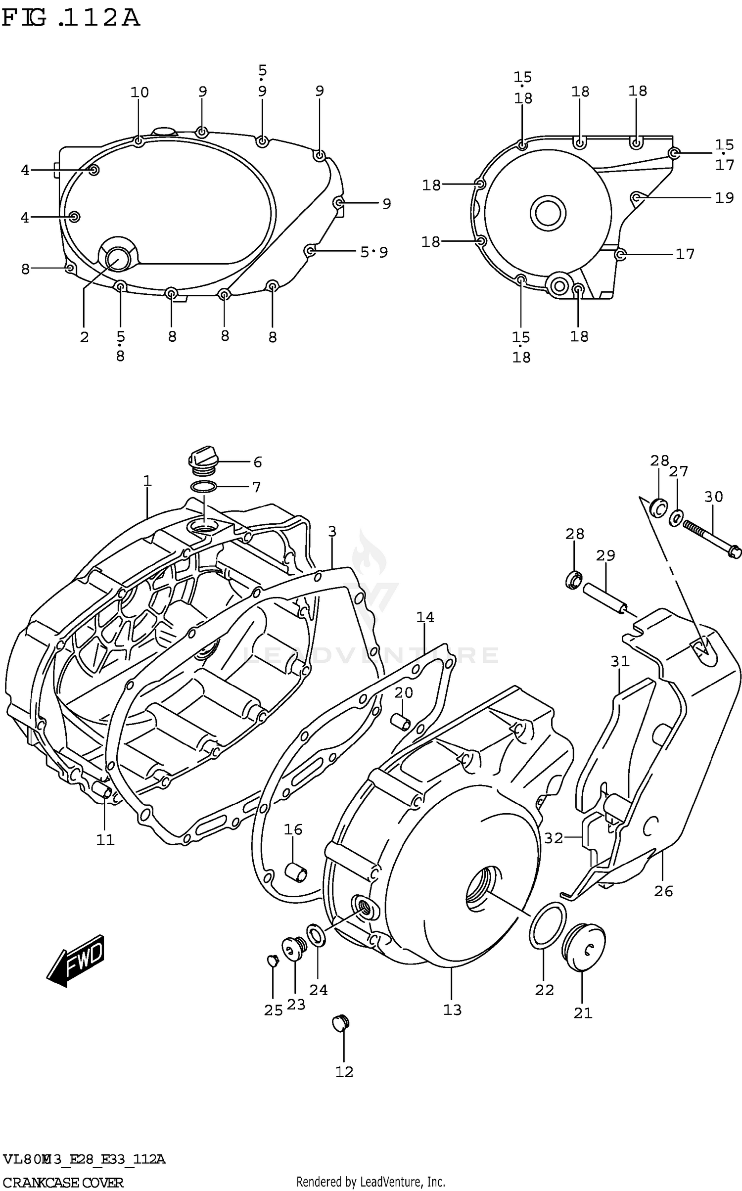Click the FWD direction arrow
click(77, 961)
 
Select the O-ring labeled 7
click(203, 487)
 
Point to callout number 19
click(724, 198)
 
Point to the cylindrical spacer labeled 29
click(605, 597)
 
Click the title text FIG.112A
click(70, 18)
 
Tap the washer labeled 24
click(316, 935)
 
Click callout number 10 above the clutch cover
click(139, 92)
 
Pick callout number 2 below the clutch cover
click(84, 337)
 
